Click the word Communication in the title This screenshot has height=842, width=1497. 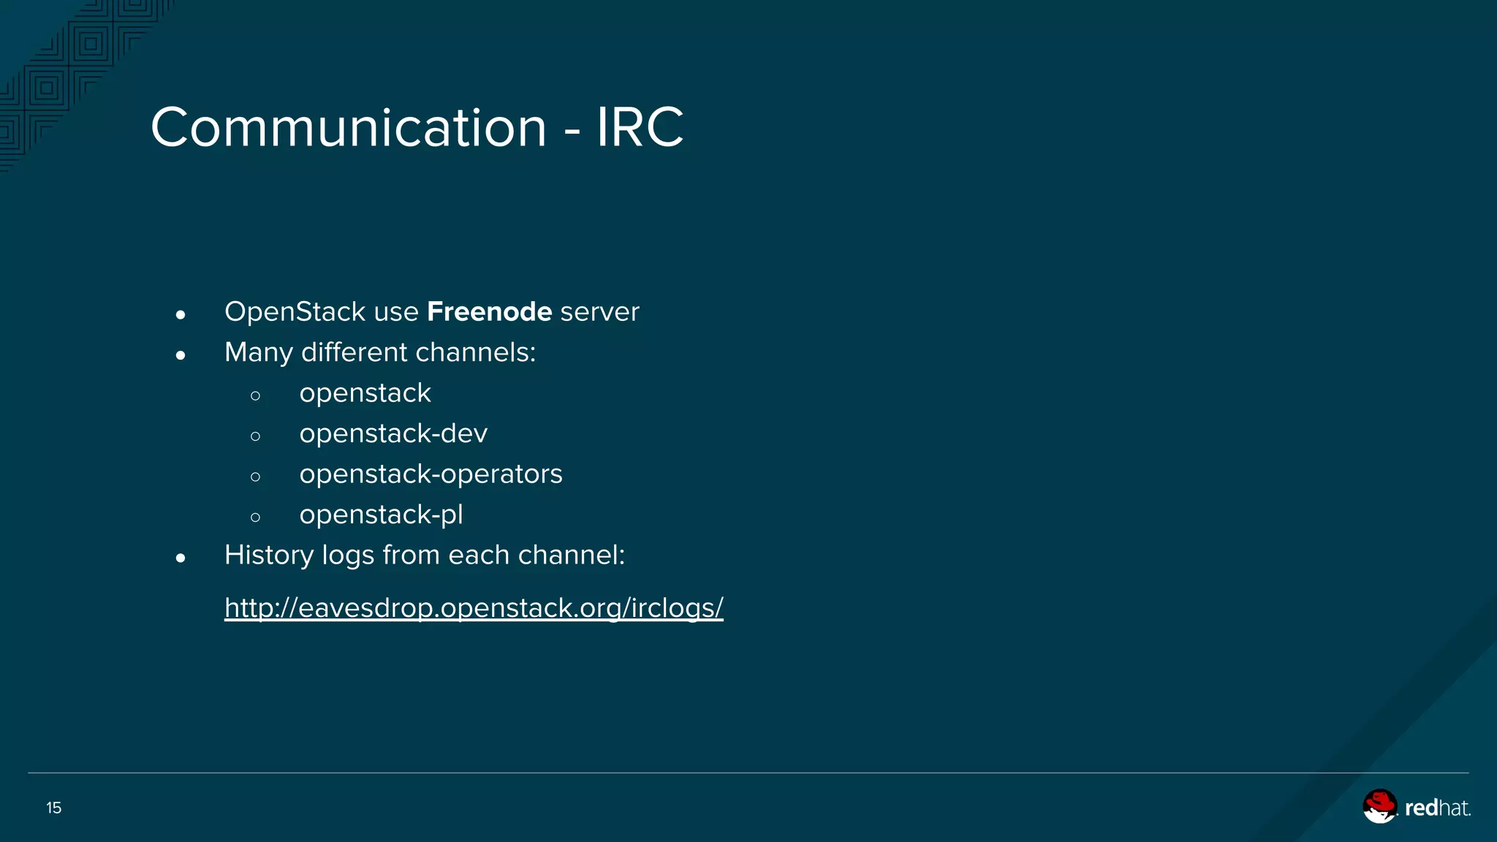coord(349,128)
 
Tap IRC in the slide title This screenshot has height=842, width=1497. coord(640,128)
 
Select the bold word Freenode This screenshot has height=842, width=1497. coord(489,312)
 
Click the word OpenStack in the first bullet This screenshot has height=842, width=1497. coord(295,312)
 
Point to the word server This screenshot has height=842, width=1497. coord(599,312)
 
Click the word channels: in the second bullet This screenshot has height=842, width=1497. coord(475,352)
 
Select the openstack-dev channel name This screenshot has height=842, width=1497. coord(393,434)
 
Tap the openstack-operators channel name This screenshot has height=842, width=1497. coord(431,474)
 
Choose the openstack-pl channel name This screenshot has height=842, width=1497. coord(381,515)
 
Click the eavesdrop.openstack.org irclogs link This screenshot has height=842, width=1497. coord(474,608)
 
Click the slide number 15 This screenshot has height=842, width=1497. coord(54,808)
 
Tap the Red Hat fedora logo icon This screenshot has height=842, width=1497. coord(1379,806)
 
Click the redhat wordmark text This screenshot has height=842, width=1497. coord(1437,808)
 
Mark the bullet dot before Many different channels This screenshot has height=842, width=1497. coord(181,356)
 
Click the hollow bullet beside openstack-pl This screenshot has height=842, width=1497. coord(255,518)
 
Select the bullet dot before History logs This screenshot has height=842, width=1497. coord(181,559)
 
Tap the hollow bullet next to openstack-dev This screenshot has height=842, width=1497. coord(255,437)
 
